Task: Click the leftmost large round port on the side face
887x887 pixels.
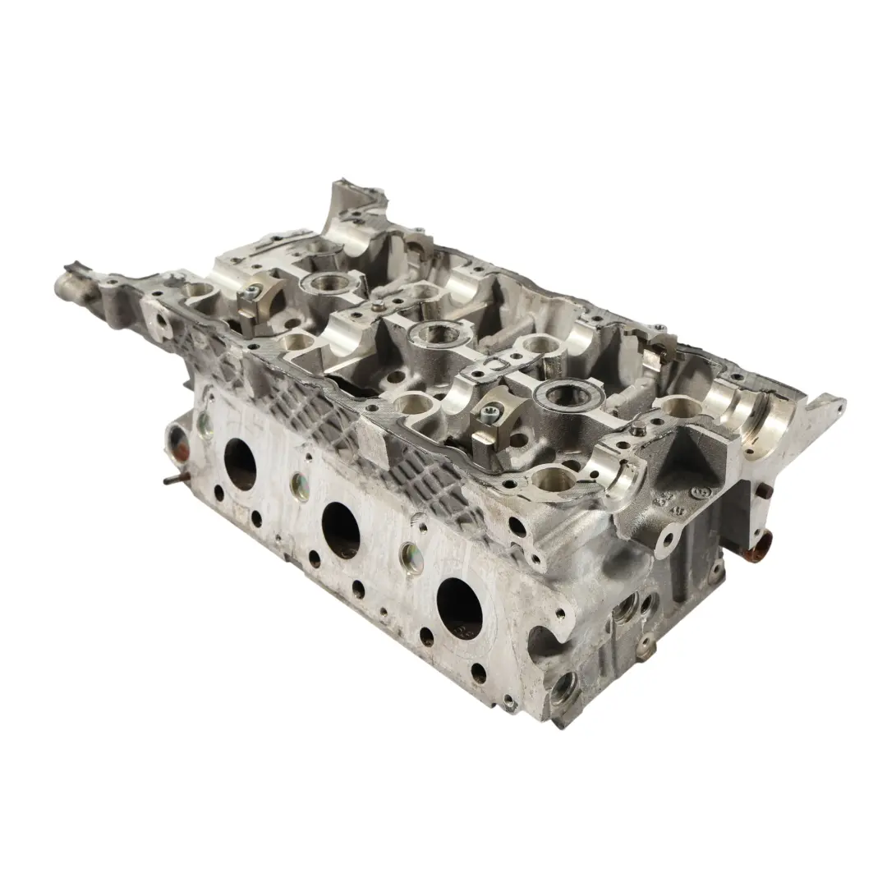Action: point(241,464)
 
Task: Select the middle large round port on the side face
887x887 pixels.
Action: point(341,530)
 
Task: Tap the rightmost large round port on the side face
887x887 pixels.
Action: point(459,607)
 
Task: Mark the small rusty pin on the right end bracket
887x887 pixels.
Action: point(764,492)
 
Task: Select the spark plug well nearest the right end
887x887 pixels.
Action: point(568,396)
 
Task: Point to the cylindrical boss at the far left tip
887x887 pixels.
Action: point(69,285)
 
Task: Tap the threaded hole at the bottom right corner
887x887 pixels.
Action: point(565,686)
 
